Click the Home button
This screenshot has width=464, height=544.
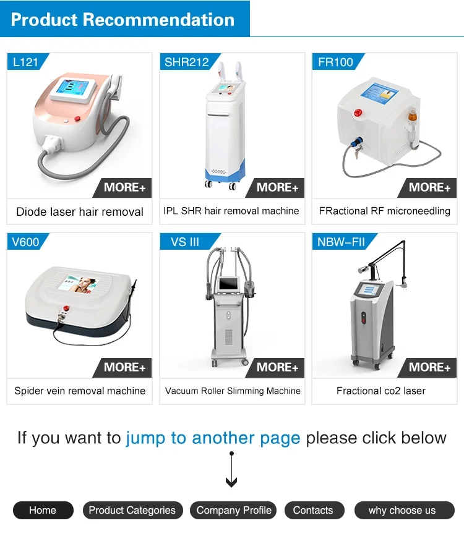click(43, 511)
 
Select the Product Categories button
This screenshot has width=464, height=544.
click(132, 511)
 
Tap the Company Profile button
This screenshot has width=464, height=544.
click(233, 511)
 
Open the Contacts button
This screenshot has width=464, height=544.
click(314, 511)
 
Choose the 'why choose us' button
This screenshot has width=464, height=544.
click(404, 511)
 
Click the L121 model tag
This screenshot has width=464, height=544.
click(26, 62)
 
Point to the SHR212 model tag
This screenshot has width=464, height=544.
click(187, 62)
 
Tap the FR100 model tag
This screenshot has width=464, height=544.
click(336, 62)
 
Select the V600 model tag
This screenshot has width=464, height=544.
click(26, 242)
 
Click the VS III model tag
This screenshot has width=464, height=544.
click(186, 242)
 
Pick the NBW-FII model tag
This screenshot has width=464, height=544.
click(342, 242)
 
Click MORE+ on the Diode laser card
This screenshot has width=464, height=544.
click(124, 188)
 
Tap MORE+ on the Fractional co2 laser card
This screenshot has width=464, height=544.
click(429, 367)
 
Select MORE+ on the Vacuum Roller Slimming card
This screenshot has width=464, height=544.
click(277, 367)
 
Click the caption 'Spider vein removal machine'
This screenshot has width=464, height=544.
click(80, 391)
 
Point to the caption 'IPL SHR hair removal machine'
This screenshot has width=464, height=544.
click(231, 211)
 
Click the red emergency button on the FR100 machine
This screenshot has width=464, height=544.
click(358, 113)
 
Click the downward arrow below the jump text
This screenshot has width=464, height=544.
click(231, 470)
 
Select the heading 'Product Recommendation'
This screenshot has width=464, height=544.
click(122, 19)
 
